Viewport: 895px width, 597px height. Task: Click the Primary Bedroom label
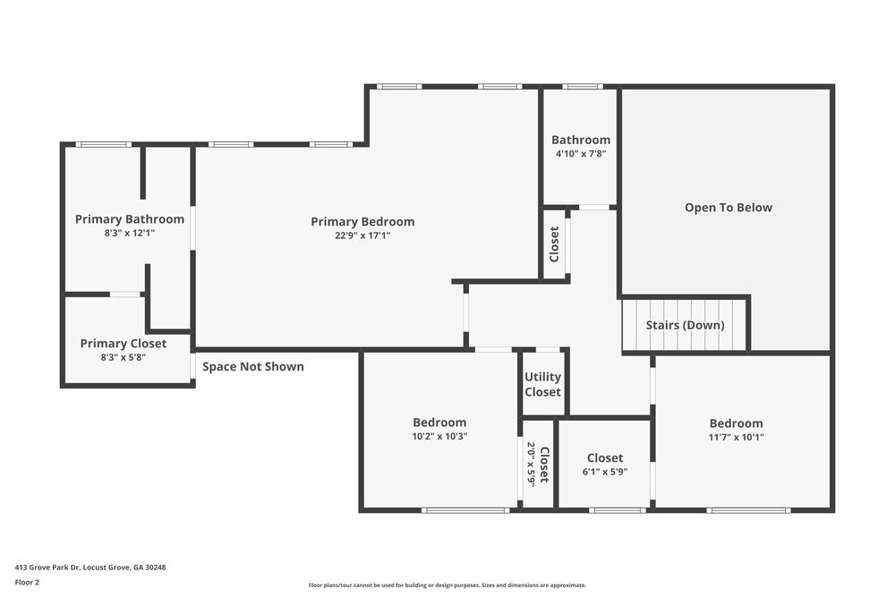click(362, 222)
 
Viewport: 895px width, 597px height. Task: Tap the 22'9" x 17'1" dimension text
click(362, 235)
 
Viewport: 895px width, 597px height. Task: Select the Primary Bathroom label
click(130, 219)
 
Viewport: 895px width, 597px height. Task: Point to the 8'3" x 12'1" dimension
click(130, 233)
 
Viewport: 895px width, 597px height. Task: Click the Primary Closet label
click(124, 344)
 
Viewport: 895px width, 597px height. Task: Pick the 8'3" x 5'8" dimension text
click(124, 357)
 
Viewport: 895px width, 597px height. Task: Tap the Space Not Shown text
click(252, 367)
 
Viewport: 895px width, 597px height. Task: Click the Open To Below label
click(728, 208)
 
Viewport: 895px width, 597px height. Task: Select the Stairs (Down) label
click(685, 325)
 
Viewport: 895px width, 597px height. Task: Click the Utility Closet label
click(542, 385)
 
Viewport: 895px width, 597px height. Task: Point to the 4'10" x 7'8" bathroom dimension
click(581, 154)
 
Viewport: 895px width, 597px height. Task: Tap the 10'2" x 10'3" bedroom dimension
click(439, 437)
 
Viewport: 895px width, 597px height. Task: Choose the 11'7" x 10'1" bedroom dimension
click(737, 438)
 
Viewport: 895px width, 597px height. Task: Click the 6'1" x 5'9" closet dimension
click(605, 472)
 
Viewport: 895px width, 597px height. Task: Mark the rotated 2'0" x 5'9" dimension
click(531, 464)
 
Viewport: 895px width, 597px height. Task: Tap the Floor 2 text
click(27, 582)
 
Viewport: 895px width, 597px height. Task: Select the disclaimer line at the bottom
click(447, 585)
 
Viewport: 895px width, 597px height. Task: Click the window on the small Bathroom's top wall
click(583, 87)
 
